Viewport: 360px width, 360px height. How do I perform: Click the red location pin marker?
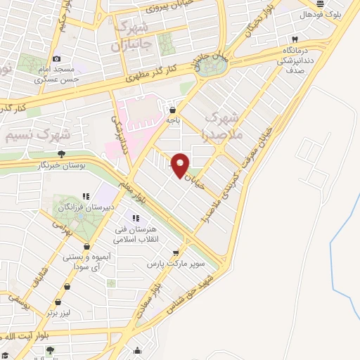tap(181, 164)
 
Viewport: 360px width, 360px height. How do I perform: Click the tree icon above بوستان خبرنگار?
tap(61, 153)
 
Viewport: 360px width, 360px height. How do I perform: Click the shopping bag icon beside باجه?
tap(173, 109)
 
